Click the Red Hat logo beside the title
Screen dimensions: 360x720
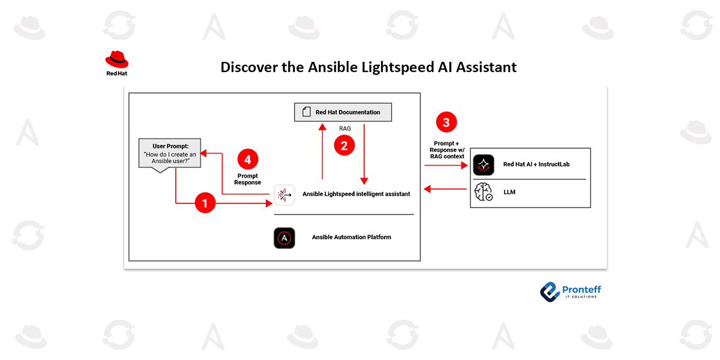click(x=117, y=64)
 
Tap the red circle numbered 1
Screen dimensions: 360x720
click(x=205, y=203)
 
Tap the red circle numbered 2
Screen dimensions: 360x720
click(x=344, y=145)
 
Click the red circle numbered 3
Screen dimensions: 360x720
click(x=445, y=122)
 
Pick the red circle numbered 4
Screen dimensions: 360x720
click(x=248, y=160)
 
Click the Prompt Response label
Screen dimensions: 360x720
click(x=248, y=179)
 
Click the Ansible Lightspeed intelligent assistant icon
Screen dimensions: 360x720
click(x=284, y=194)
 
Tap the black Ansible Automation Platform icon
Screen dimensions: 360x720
click(x=284, y=238)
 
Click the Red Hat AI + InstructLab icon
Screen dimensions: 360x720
click(x=484, y=164)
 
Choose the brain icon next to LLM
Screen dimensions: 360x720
click(x=484, y=192)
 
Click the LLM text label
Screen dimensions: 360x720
click(x=509, y=192)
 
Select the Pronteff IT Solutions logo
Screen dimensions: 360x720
click(x=571, y=291)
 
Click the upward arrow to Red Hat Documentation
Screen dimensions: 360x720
click(x=323, y=156)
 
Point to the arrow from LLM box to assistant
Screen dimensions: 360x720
click(x=445, y=189)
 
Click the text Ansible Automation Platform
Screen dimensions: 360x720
click(x=351, y=237)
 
